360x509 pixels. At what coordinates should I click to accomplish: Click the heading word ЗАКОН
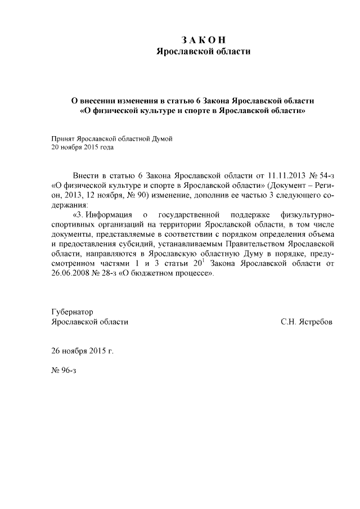(203, 40)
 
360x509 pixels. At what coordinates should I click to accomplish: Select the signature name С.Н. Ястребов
(307, 322)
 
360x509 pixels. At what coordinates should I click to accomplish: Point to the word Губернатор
(72, 312)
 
